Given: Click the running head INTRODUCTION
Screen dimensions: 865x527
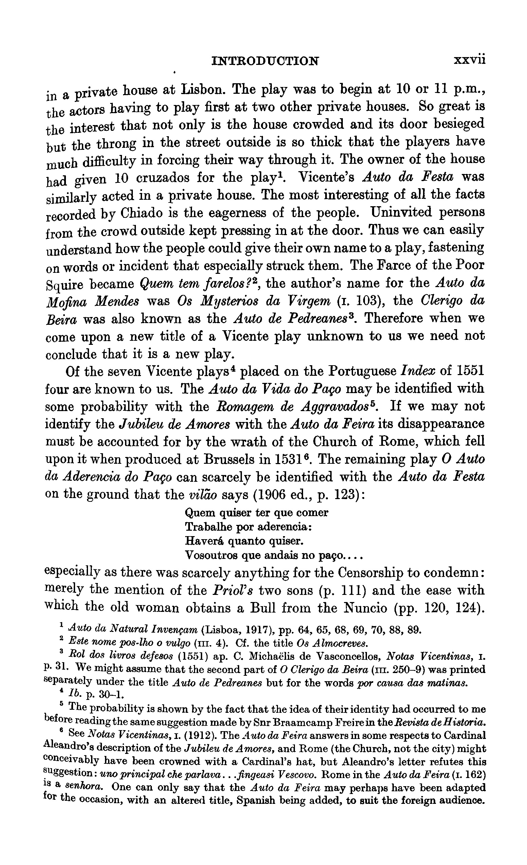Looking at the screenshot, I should pyautogui.click(x=265, y=61).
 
